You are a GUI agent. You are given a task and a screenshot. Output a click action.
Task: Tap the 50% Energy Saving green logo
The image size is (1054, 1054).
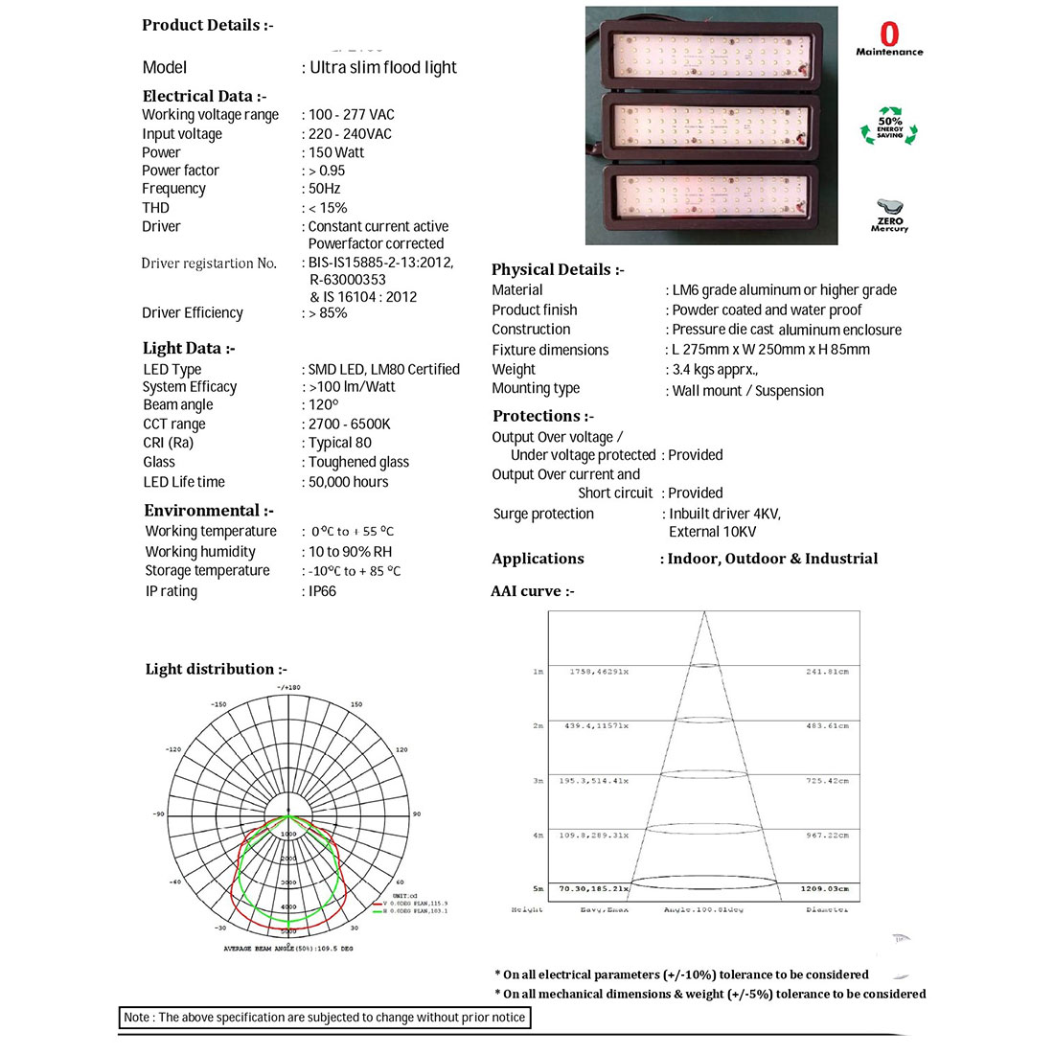[889, 126]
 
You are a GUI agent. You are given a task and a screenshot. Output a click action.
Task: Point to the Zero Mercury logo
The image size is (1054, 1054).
[889, 215]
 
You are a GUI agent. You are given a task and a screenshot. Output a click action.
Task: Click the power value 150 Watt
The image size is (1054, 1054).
[336, 152]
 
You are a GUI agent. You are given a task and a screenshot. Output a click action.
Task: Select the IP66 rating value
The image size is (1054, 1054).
[322, 591]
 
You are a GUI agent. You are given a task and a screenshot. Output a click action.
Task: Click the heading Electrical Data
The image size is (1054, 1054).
[204, 96]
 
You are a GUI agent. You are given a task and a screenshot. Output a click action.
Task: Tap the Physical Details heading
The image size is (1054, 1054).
[558, 269]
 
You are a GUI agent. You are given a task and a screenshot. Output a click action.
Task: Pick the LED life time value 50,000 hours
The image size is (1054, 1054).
[348, 482]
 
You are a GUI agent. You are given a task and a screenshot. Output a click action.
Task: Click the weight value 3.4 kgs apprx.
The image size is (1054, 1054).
[715, 369]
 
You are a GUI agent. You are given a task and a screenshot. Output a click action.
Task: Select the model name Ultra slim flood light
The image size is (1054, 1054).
[383, 67]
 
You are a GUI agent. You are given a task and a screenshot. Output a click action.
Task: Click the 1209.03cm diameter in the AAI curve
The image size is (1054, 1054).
[824, 889]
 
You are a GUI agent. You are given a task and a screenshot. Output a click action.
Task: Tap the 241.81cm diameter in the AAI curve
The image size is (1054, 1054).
[827, 672]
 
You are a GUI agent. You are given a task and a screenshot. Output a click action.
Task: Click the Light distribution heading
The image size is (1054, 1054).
[216, 669]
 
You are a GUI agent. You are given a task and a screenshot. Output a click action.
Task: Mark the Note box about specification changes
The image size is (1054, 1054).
[325, 1018]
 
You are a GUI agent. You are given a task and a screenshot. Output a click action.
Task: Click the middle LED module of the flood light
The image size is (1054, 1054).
[711, 126]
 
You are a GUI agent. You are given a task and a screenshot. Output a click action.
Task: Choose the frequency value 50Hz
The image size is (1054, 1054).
[324, 189]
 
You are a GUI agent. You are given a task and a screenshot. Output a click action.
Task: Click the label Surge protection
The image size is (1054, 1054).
[543, 514]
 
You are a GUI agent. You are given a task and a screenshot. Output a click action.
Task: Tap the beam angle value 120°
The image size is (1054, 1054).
[324, 404]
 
